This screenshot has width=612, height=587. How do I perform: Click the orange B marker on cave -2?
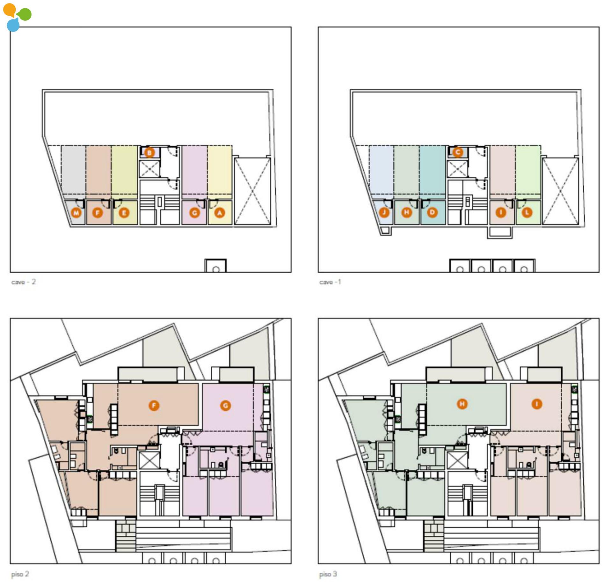(x=149, y=152)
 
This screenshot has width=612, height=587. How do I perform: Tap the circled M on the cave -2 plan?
(x=76, y=213)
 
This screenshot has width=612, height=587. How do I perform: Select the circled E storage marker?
(x=124, y=213)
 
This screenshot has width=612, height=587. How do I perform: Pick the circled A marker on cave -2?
(x=219, y=213)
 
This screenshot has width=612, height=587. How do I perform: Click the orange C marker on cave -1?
(x=458, y=152)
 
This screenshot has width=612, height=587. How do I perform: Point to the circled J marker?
(x=384, y=212)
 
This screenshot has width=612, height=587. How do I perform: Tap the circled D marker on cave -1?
(x=432, y=212)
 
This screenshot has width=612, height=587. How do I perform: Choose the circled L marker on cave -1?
(x=527, y=212)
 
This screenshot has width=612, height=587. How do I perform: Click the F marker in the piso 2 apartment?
(x=154, y=406)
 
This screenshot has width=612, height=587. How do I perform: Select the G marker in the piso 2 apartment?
(x=226, y=406)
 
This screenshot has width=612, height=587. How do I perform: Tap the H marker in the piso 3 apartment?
(x=462, y=404)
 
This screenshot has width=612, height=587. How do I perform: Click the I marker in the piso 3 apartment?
(x=537, y=404)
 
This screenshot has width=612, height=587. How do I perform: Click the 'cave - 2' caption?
(x=24, y=282)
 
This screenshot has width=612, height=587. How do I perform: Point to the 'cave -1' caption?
(x=330, y=282)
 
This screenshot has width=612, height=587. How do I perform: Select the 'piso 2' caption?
(x=20, y=574)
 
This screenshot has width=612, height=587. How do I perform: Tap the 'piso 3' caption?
(x=328, y=574)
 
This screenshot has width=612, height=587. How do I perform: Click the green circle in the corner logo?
(x=25, y=14)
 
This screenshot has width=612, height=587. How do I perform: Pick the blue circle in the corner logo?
(x=13, y=25)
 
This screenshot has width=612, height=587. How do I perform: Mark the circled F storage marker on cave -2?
(x=98, y=213)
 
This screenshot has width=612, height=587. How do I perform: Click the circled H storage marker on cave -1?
(x=406, y=212)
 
